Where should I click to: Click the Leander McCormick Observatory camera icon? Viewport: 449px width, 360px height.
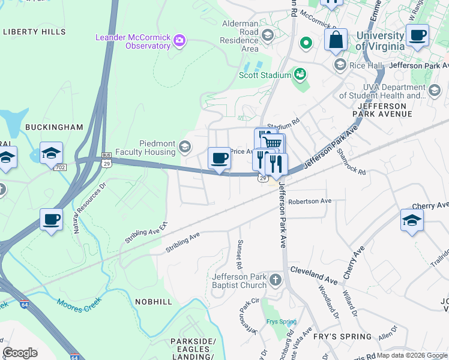pos(179,41)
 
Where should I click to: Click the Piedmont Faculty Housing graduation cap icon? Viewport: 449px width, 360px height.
pos(185,146)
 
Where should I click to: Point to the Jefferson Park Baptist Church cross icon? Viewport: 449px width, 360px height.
pos(275,280)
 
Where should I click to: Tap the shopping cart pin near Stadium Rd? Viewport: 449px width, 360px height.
pos(273,144)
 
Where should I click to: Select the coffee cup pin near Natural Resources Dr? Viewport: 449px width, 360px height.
pos(52,219)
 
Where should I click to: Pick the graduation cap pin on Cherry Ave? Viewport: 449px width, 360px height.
pos(412,220)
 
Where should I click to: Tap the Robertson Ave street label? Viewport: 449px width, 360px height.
pos(309,202)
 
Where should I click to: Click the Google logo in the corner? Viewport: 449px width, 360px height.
pos(20,353)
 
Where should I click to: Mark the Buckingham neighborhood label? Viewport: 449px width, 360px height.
pos(53,127)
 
